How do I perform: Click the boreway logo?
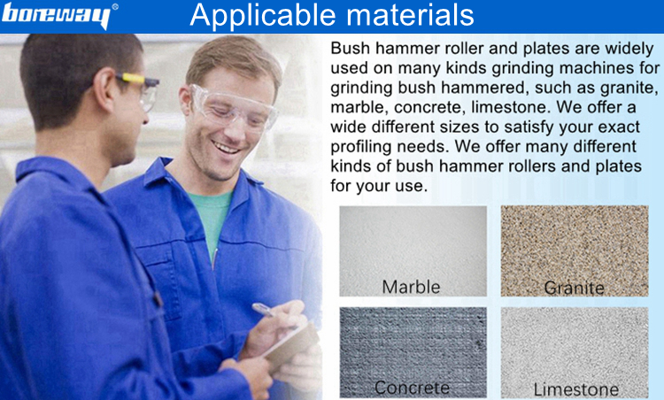56,16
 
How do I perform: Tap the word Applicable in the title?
263,15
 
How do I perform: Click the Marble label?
411,287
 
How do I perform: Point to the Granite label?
574,288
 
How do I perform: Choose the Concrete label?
412,388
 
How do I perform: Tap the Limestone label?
575,389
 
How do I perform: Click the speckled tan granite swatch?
575,250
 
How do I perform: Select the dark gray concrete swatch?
413,352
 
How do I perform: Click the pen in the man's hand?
264,310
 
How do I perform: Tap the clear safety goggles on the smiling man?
232,106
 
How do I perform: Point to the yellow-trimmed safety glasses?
139,88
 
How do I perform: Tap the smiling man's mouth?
226,148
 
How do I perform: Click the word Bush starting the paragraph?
351,49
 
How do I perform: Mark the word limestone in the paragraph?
507,107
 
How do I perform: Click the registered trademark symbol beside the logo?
115,7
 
